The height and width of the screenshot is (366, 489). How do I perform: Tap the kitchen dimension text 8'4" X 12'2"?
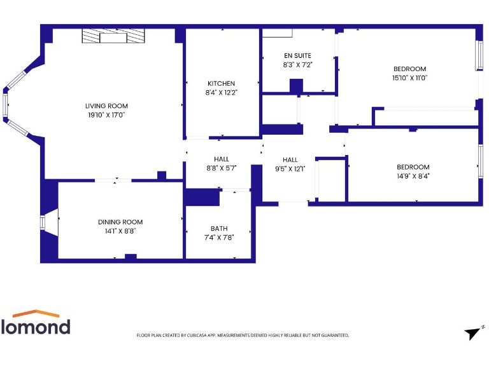click(221, 92)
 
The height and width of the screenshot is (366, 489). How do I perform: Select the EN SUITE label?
click(297, 56)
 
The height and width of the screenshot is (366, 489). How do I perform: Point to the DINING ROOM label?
click(120, 222)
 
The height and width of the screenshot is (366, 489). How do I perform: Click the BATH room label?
click(219, 229)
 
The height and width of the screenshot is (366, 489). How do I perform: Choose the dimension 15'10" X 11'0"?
click(409, 78)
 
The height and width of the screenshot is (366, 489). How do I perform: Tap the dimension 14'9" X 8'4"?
click(413, 177)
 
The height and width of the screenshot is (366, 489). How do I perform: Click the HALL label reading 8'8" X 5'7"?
click(222, 168)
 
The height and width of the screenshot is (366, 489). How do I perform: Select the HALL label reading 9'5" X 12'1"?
click(290, 169)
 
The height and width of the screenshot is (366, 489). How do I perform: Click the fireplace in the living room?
click(113, 37)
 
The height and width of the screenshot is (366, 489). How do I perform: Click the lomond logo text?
click(36, 327)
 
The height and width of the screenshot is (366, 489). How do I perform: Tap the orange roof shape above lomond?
click(36, 313)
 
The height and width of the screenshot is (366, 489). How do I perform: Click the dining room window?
click(43, 222)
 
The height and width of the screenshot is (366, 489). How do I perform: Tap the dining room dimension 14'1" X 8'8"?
click(120, 231)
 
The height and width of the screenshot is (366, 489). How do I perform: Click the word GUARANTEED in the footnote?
click(334, 335)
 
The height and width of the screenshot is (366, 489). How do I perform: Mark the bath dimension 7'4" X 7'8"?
click(219, 238)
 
